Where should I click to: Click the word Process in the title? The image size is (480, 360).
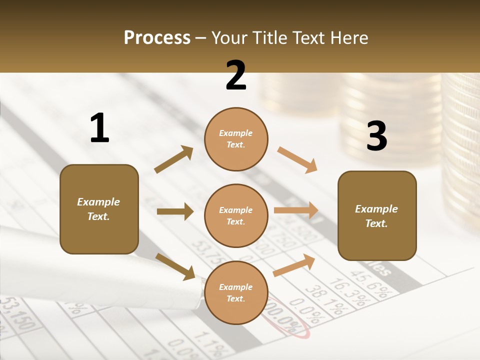pyautogui.click(x=157, y=38)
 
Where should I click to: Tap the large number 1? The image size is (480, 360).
pyautogui.click(x=99, y=128)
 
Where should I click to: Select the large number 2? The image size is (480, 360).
pyautogui.click(x=236, y=75)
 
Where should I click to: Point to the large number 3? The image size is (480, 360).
pyautogui.click(x=376, y=136)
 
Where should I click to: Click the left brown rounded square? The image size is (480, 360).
pyautogui.click(x=99, y=209)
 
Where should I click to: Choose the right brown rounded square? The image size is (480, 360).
pyautogui.click(x=377, y=216)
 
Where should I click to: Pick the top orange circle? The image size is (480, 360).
pyautogui.click(x=236, y=139)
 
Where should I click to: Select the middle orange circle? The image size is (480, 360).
pyautogui.click(x=236, y=215)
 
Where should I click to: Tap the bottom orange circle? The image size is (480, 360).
pyautogui.click(x=236, y=292)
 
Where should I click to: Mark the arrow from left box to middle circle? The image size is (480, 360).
pyautogui.click(x=175, y=211)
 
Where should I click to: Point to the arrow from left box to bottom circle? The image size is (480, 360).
pyautogui.click(x=175, y=266)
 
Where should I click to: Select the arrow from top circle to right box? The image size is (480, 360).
pyautogui.click(x=297, y=160)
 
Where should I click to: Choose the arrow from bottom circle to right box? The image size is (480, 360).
pyautogui.click(x=294, y=265)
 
